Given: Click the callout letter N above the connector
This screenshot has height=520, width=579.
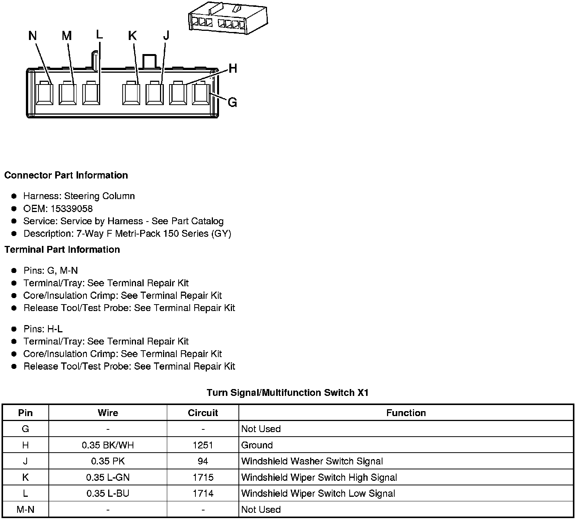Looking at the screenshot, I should pos(33,36).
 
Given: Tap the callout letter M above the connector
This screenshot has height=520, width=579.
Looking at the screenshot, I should pos(67,36).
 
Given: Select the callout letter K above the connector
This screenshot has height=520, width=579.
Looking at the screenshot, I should pos(132,36).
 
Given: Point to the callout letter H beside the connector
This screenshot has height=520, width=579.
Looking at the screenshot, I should pos(233,69).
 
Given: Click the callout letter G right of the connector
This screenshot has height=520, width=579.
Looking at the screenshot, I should pos(232,102).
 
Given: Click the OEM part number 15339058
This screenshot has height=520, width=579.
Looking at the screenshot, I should pos(71,209).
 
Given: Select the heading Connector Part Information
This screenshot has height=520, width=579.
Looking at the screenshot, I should pos(66,175).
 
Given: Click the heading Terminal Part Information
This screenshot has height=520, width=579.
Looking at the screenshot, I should pos(62,249).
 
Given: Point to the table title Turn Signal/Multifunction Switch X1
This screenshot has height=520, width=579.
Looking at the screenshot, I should pos(288,392).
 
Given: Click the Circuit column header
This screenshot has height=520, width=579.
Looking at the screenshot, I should pos(203,413).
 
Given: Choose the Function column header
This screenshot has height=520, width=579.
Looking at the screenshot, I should pos(406,413).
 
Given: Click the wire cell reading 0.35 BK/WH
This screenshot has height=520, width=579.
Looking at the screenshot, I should pos(108,445).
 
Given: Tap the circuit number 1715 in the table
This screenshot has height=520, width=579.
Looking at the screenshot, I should pos(203,477).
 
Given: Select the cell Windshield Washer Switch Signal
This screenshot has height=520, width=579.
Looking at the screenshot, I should pos(312,461).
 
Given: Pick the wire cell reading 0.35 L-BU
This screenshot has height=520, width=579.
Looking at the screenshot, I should pos(108,493).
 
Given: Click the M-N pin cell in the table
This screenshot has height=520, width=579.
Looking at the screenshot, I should pos(26,509).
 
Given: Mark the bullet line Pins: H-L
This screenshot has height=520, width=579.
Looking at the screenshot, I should pos(43,329).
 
